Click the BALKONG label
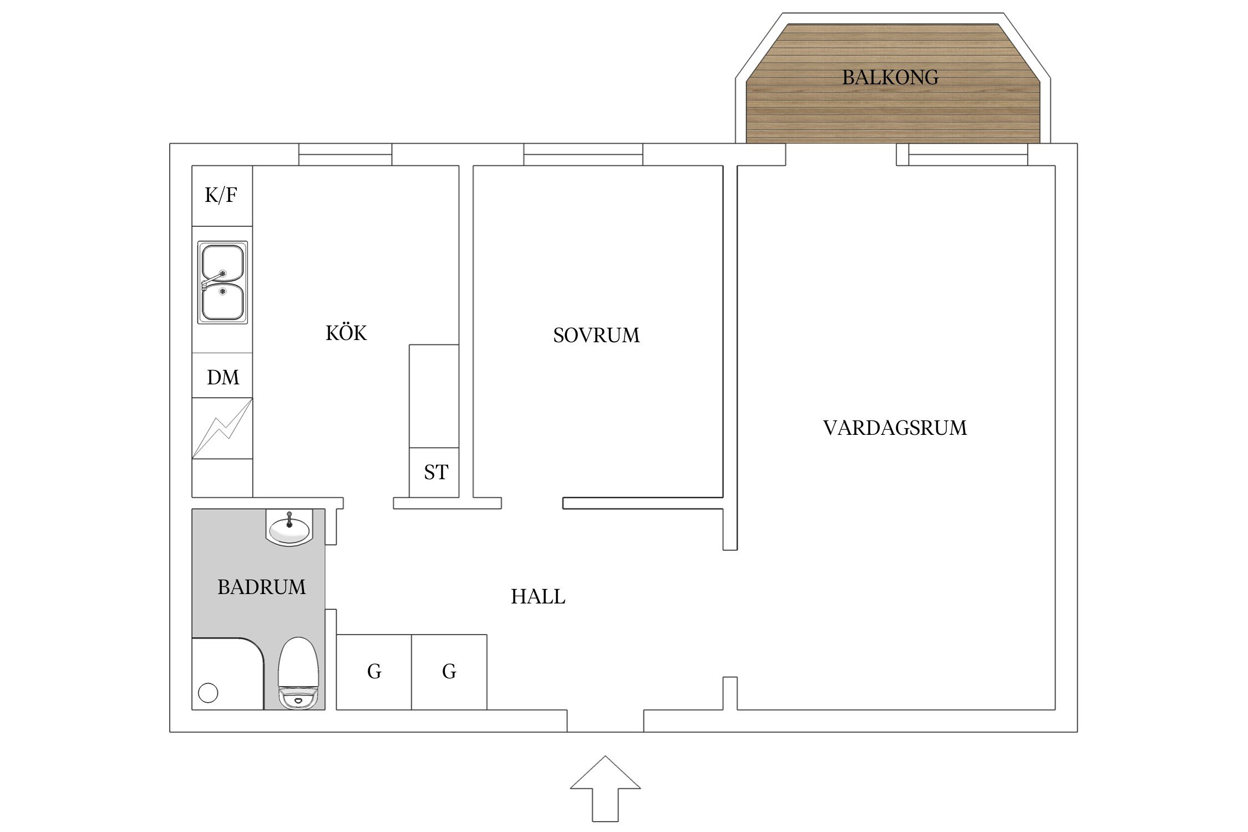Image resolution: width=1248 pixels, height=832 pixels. [x=890, y=78]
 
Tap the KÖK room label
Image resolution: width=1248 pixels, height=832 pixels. [x=346, y=333]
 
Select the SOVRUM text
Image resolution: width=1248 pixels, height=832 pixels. [x=596, y=336]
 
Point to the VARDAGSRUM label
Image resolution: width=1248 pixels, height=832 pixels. [x=895, y=428]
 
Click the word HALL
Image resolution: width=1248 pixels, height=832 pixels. [x=537, y=597]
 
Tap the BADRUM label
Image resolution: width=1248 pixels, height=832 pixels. [x=261, y=587]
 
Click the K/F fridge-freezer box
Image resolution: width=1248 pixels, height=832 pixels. [x=222, y=195]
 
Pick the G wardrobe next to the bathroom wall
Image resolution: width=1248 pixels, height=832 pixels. [x=374, y=672]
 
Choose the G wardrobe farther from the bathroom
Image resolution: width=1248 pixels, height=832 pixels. [x=449, y=672]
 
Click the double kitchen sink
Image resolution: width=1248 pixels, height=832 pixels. [x=222, y=282]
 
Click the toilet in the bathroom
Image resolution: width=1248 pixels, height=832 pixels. [x=298, y=673]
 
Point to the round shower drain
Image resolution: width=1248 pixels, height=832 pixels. [x=208, y=693]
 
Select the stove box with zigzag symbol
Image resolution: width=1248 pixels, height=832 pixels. [x=222, y=428]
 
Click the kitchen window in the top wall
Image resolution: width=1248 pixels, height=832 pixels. [x=345, y=155]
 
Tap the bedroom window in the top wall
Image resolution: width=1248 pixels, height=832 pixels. [x=583, y=155]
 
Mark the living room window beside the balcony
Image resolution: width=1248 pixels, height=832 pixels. [x=968, y=155]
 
